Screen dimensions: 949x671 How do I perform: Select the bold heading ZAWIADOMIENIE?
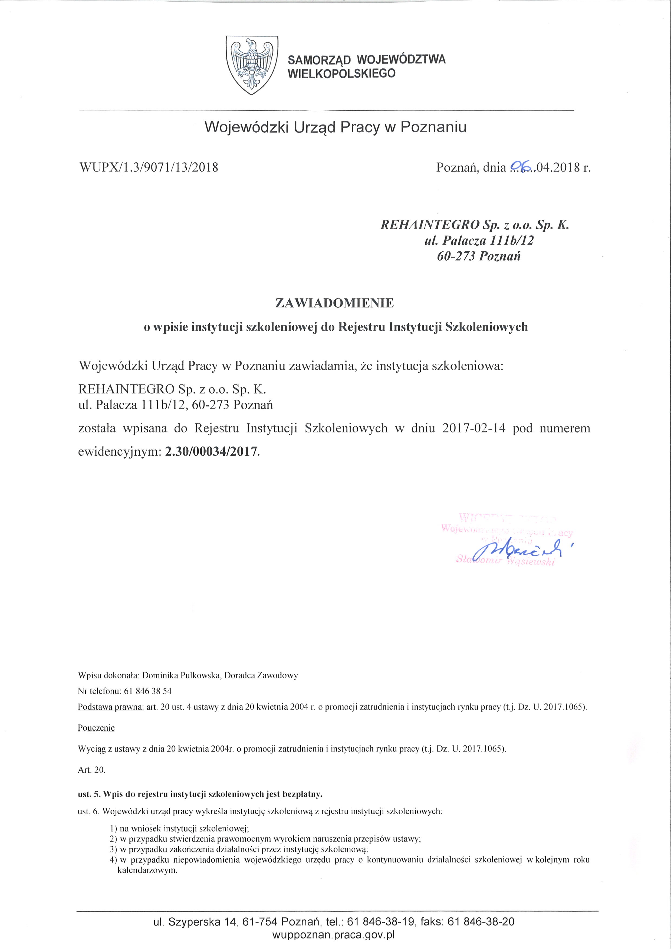pos(335,303)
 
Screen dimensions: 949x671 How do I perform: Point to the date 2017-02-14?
pos(473,428)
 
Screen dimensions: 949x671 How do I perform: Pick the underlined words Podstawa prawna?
pos(111,707)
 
